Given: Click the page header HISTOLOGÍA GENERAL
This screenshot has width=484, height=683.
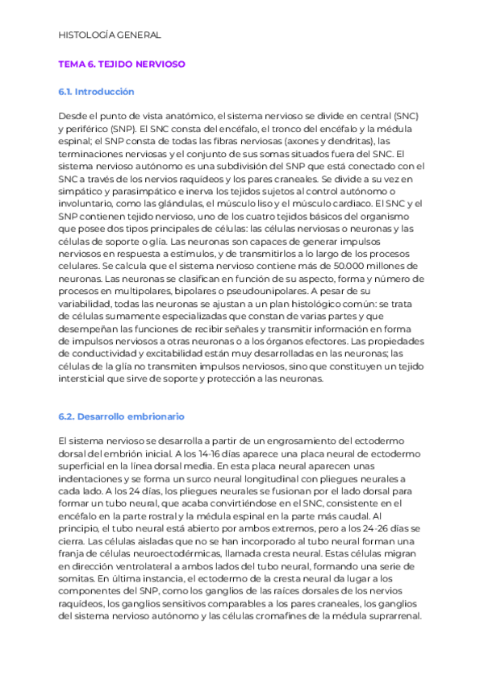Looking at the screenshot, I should click(111, 35).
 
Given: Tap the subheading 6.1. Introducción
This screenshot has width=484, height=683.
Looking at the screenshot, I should click(96, 92).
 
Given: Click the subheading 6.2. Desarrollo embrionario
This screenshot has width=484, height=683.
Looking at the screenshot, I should click(121, 416).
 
